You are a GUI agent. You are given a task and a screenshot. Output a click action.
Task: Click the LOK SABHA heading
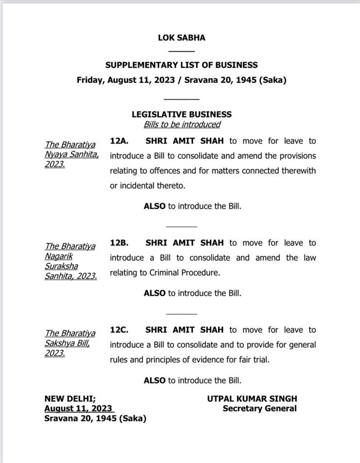pos(182,38)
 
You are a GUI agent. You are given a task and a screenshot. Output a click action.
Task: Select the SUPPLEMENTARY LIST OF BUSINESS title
pos(182,65)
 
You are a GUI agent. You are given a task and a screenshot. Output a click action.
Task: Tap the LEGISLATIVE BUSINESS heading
pos(182,114)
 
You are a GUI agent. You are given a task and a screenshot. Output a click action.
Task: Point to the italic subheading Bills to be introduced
pos(182,124)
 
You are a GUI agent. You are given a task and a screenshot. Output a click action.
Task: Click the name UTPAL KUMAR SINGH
pos(252,399)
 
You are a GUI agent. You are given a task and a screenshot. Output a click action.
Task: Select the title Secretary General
pos(260,408)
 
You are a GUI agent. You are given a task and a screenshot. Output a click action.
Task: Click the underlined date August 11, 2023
pos(78,408)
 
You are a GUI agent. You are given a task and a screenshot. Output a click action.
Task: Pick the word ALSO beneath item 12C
pos(154,381)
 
